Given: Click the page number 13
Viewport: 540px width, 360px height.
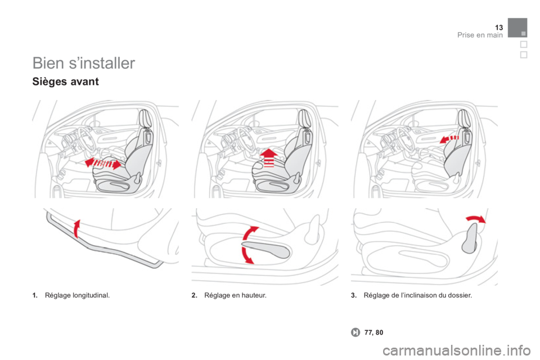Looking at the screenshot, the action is click(499, 27).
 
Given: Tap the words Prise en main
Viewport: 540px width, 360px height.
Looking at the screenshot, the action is click(480, 35).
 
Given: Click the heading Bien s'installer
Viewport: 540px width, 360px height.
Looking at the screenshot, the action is click(84, 63).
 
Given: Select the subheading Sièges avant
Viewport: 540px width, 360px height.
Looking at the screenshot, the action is click(65, 82).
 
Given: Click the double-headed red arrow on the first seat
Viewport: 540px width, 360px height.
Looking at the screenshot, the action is click(103, 163).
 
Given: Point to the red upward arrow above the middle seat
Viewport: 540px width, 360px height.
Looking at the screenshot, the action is click(269, 157).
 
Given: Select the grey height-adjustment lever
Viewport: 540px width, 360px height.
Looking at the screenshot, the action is click(265, 249).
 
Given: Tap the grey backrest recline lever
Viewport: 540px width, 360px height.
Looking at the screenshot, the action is click(469, 238).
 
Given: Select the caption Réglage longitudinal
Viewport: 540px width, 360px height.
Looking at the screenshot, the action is click(78, 295).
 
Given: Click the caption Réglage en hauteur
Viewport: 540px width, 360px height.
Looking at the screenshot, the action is click(235, 295).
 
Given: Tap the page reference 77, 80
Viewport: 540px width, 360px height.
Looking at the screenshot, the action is click(373, 332).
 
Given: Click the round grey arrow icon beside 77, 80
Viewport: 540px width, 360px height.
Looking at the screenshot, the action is click(355, 332).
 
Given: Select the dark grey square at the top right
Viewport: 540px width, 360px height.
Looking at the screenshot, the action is click(517, 28).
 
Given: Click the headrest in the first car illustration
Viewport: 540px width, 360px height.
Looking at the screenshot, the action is click(145, 118).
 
